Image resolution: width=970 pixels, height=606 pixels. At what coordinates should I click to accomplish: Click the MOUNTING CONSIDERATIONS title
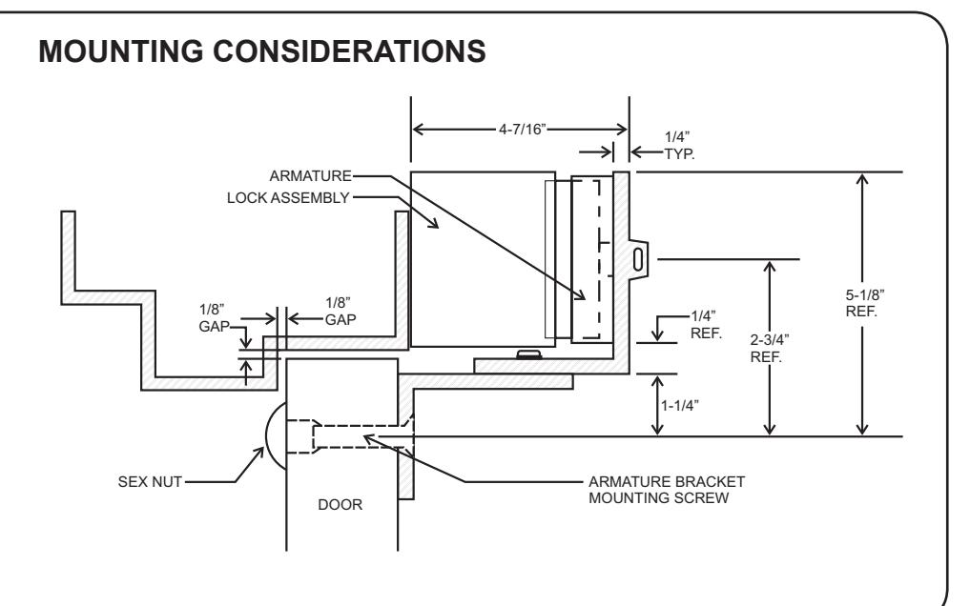click(x=261, y=50)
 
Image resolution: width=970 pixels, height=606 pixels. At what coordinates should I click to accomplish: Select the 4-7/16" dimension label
click(x=523, y=129)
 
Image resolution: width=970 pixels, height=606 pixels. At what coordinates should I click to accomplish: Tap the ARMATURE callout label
click(x=311, y=176)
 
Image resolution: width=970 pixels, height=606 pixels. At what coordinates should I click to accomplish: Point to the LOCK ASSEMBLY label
click(x=288, y=197)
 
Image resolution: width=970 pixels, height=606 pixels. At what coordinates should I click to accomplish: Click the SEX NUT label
click(x=150, y=482)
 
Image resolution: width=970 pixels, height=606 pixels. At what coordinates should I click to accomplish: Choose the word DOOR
click(x=341, y=505)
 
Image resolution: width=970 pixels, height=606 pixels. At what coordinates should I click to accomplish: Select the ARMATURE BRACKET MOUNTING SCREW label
click(x=667, y=490)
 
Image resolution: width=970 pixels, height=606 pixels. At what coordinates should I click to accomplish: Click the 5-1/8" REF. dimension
click(x=864, y=303)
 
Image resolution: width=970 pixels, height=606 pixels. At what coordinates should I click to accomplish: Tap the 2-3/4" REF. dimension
click(x=769, y=349)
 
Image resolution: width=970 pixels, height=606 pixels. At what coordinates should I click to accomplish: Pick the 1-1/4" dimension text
click(x=680, y=406)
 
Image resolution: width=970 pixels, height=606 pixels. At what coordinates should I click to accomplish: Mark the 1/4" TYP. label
click(x=679, y=146)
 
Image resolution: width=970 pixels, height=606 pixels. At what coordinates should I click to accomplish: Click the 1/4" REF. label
click(x=706, y=325)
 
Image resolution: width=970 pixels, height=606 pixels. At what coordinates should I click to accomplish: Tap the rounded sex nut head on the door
click(x=276, y=435)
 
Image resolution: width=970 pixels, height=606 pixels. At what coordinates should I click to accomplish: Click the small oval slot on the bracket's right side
click(x=638, y=259)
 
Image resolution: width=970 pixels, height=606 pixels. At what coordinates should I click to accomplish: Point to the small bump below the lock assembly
click(x=529, y=353)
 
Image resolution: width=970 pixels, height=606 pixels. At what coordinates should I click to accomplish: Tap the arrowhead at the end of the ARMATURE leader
click(x=580, y=294)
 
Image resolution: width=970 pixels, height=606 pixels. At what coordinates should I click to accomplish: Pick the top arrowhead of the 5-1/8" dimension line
click(x=861, y=180)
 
